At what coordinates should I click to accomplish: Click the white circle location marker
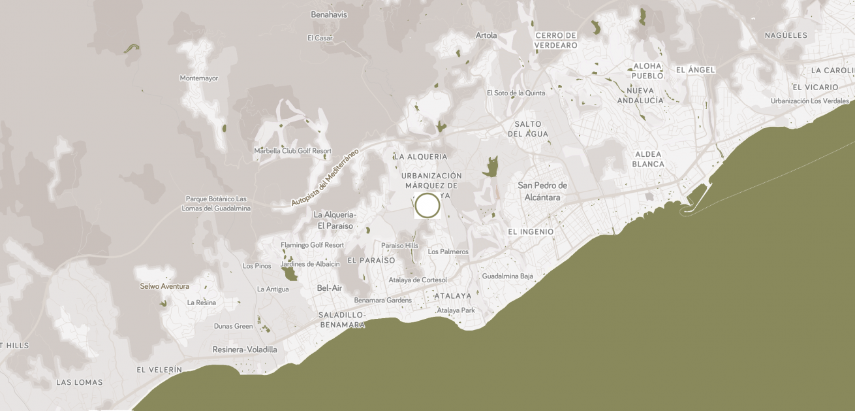[427, 205]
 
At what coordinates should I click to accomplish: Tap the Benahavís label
[329, 14]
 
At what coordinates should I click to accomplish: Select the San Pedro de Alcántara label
[542, 191]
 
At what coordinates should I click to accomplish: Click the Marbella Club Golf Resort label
[292, 151]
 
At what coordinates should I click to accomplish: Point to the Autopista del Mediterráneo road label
[324, 178]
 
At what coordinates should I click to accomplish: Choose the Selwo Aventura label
[164, 286]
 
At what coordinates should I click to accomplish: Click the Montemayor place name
[199, 78]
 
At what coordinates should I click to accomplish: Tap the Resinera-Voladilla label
[245, 350]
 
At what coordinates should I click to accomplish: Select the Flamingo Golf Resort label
[312, 245]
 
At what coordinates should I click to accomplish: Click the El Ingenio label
[531, 232]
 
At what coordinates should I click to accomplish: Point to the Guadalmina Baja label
[507, 276]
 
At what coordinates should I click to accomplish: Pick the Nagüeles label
[786, 35]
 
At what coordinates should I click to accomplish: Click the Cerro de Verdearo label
[556, 41]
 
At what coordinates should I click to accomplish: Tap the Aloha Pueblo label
[647, 71]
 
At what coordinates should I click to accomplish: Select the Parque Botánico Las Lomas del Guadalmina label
[216, 203]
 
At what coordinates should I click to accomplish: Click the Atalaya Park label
[456, 310]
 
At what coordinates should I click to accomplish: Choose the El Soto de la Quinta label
[516, 93]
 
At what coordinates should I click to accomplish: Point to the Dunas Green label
[233, 326]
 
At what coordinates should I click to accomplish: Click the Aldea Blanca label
[648, 159]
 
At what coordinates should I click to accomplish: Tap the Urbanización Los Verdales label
[809, 101]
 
